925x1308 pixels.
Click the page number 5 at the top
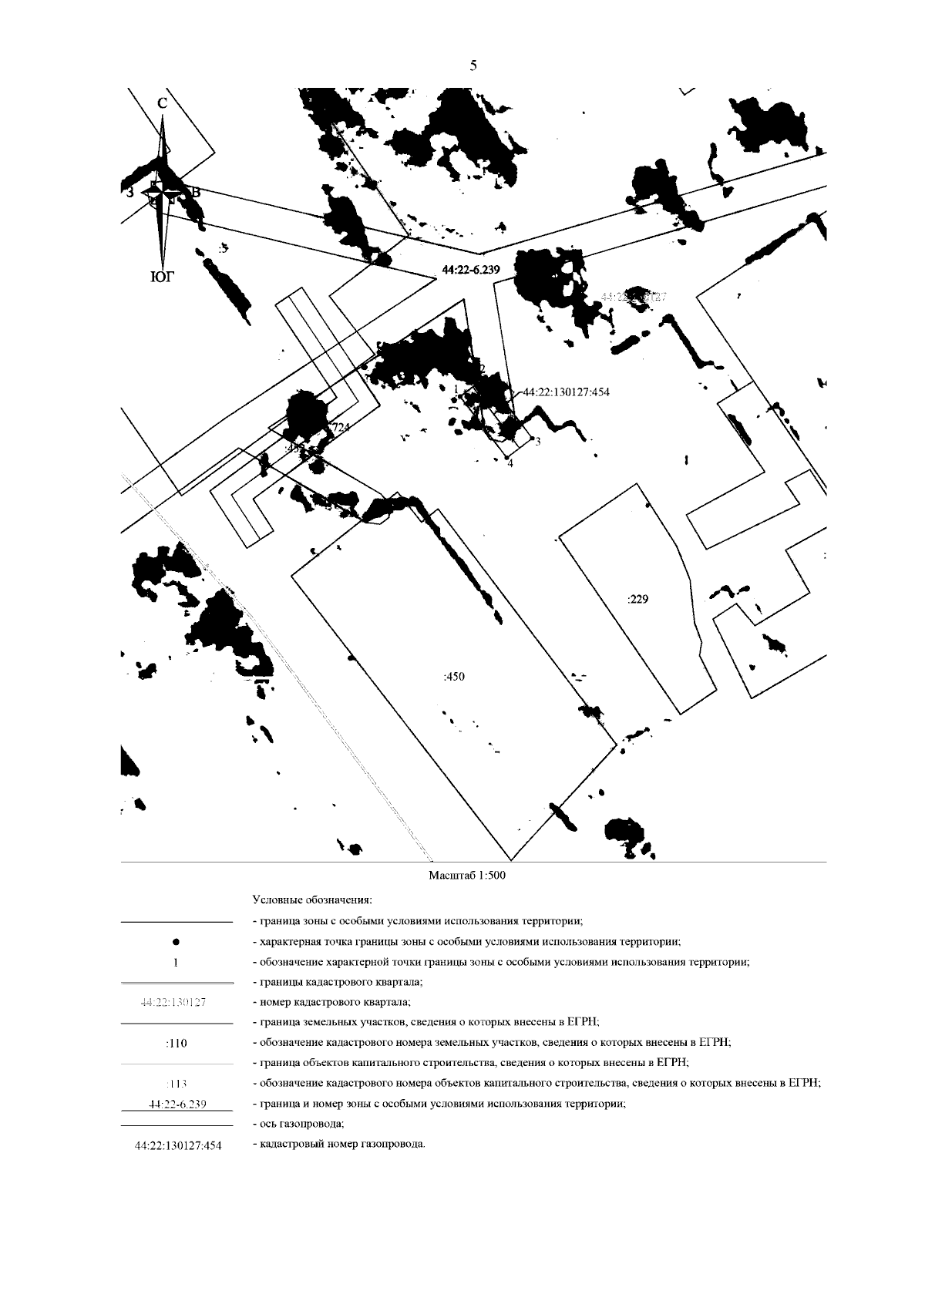point(473,66)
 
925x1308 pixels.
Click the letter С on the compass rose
point(162,103)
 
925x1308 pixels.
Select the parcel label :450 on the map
point(454,676)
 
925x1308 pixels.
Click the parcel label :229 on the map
point(637,598)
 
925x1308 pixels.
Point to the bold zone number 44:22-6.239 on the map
point(472,270)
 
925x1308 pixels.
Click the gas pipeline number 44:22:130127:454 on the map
point(567,392)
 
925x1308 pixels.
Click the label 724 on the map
point(339,429)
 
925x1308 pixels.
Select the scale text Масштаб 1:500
point(467,876)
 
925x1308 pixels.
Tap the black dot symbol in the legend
point(177,941)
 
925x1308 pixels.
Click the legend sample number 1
point(177,962)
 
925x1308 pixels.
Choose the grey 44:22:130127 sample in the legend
point(177,1003)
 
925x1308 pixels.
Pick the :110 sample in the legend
point(177,1044)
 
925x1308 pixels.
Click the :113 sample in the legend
point(177,1084)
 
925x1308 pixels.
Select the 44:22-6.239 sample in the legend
point(177,1104)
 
